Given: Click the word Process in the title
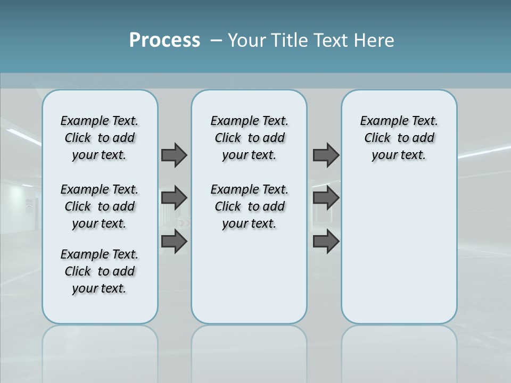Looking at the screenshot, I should (x=164, y=40).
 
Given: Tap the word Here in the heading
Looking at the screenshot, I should (x=373, y=40).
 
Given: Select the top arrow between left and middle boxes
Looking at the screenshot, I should (x=174, y=155).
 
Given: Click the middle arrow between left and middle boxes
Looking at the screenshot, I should (x=174, y=198).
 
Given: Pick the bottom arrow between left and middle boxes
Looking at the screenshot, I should (x=174, y=242).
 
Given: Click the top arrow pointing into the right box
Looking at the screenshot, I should (x=326, y=155).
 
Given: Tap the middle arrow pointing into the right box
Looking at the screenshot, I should (x=326, y=198).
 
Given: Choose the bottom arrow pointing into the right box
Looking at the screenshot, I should (x=326, y=242).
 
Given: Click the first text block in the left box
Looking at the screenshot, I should (x=100, y=138).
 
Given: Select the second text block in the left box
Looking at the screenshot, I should (x=100, y=206).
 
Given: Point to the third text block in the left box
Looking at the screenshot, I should (x=100, y=271).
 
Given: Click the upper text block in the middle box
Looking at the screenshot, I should (x=249, y=138).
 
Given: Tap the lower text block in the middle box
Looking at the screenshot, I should (x=249, y=206).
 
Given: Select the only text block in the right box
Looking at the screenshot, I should (x=399, y=138).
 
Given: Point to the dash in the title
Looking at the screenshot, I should (x=216, y=40).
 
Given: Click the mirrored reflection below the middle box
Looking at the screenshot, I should (x=249, y=351).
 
